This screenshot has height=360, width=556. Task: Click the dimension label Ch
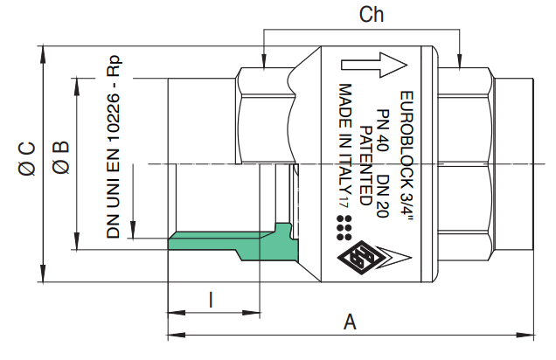[372, 15]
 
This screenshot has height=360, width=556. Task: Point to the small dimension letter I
[211, 301]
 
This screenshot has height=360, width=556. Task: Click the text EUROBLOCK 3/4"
[405, 158]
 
